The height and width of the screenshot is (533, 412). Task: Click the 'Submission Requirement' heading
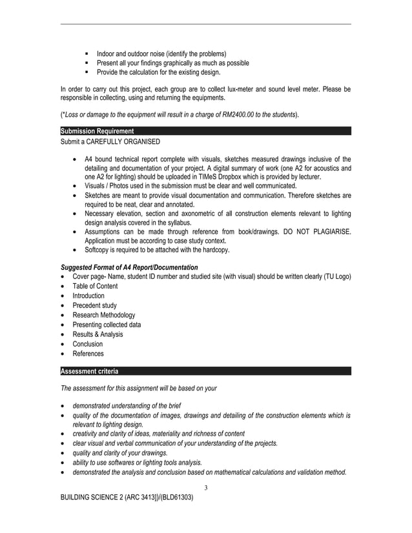pyautogui.click(x=97, y=132)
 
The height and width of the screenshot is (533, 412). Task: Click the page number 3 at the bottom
pyautogui.click(x=205, y=487)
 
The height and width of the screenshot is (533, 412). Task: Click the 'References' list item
pyautogui.click(x=88, y=354)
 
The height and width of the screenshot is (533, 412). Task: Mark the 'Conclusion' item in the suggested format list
pyautogui.click(x=88, y=344)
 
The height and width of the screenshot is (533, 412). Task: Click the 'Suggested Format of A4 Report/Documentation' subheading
pyautogui.click(x=129, y=267)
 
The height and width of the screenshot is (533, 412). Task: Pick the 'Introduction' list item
pyautogui.click(x=88, y=296)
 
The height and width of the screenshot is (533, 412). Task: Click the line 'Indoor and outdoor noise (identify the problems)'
pyautogui.click(x=161, y=53)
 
